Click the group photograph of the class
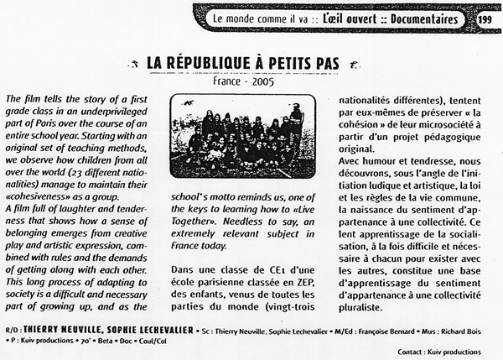242,133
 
